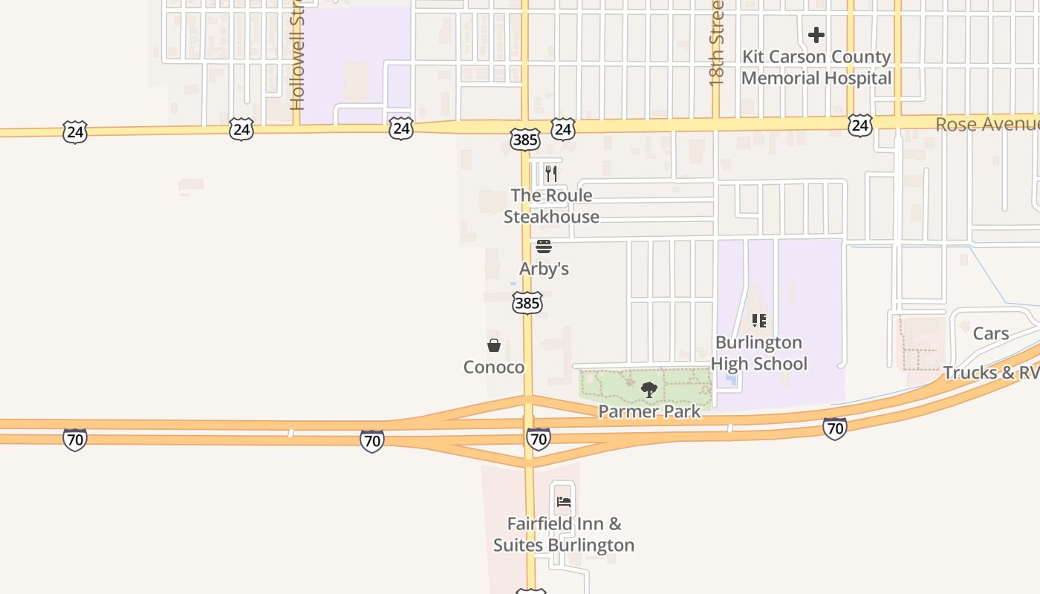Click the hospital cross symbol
pos(816,35)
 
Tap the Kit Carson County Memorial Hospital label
pos(816,68)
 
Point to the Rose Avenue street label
pos(987,124)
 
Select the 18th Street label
pos(716,45)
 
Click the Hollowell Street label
pos(297,56)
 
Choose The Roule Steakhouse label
pos(551,206)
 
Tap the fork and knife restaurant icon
pos(550,174)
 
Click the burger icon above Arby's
pos(544,247)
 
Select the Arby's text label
pos(544,269)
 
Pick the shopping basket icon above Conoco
pos(494,345)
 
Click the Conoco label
pos(494,367)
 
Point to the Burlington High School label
pos(758,353)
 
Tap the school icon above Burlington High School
pos(758,321)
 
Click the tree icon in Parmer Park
pos(649,390)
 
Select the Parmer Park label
pos(649,411)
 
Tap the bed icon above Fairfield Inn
pos(564,502)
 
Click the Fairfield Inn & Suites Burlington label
pos(564,535)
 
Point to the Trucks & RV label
pos(991,372)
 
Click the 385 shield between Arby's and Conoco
pos(527,303)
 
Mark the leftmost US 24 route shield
pos(75,133)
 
